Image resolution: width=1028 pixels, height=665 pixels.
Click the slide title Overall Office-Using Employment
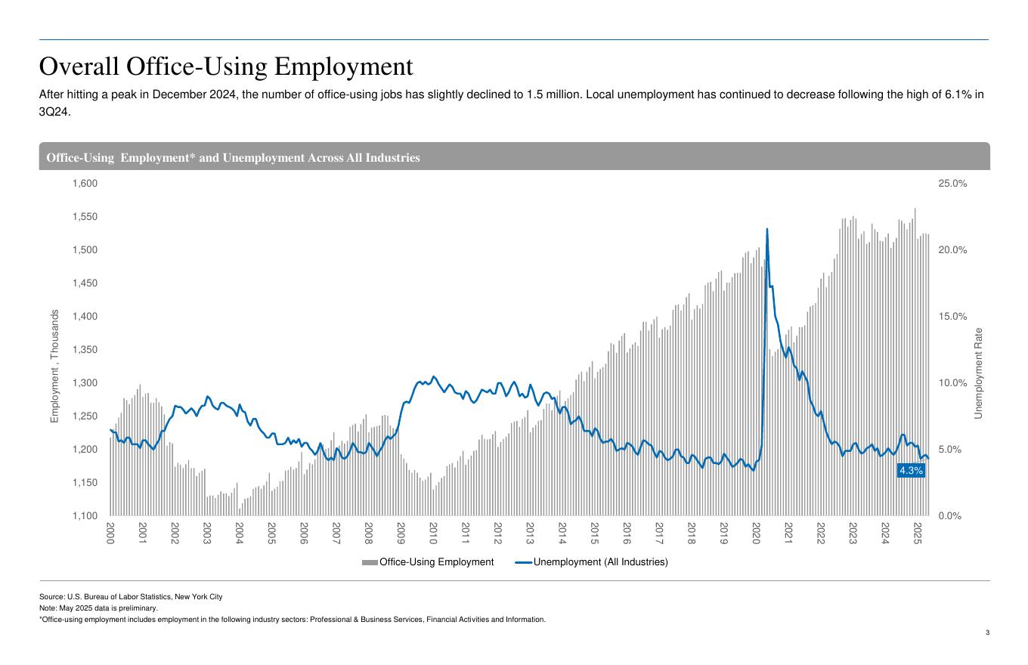tap(226, 66)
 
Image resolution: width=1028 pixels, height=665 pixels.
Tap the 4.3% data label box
tap(911, 471)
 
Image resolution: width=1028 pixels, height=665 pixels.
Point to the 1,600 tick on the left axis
tap(85, 184)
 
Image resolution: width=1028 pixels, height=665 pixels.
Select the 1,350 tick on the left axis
tap(85, 350)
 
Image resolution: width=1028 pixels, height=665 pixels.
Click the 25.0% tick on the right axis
tap(952, 184)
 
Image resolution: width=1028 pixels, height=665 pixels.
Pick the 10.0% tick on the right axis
tap(952, 383)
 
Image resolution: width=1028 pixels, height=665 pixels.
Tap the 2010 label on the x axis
tap(433, 533)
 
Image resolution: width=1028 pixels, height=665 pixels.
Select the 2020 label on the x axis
tap(756, 533)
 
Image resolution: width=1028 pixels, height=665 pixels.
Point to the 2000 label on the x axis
tap(110, 533)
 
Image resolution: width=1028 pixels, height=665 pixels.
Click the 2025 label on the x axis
tap(917, 533)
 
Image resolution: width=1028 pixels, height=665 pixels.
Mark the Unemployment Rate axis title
tap(978, 373)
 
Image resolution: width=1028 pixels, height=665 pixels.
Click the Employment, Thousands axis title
tap(54, 366)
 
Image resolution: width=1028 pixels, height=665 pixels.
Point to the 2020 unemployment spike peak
tap(767, 229)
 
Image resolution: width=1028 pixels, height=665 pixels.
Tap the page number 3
tap(986, 633)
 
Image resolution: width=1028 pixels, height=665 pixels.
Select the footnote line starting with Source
tap(131, 597)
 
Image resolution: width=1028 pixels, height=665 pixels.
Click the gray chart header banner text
tap(233, 158)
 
